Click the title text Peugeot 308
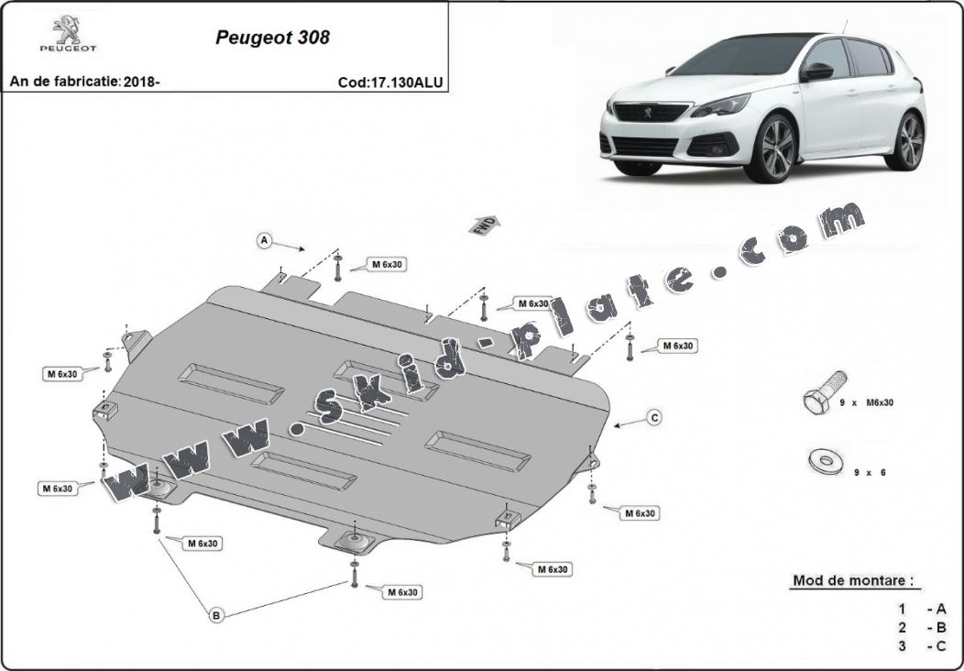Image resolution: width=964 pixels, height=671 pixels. (272, 38)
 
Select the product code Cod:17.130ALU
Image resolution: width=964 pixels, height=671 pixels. (390, 82)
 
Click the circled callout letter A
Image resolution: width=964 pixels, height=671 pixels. (265, 240)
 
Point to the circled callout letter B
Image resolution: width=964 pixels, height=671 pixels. (217, 615)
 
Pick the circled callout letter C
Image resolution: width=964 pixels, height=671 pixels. (654, 418)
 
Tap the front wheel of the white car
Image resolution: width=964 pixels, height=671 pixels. (771, 148)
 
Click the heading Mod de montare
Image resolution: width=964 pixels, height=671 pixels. (852, 580)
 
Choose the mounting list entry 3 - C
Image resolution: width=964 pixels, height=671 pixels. (922, 646)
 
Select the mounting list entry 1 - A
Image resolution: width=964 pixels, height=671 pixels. (922, 609)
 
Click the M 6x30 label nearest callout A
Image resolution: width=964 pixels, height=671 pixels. (388, 264)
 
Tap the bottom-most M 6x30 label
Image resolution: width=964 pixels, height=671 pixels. (402, 592)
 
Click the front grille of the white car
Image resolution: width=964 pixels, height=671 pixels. (650, 113)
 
